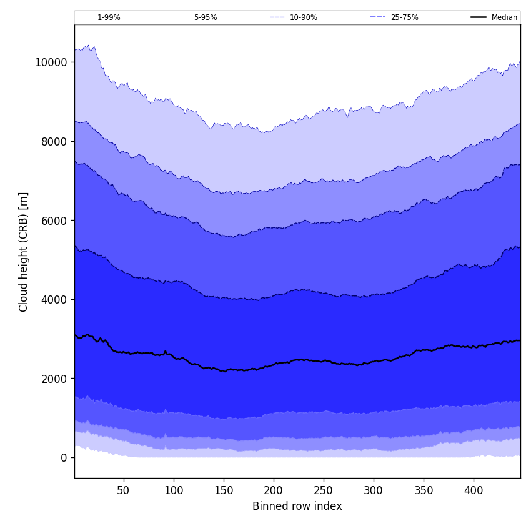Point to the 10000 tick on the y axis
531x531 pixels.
click(x=51, y=62)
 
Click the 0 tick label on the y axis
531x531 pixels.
click(x=64, y=457)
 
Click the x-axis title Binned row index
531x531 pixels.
click(x=297, y=506)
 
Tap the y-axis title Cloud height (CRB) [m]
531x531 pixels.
click(x=24, y=252)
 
